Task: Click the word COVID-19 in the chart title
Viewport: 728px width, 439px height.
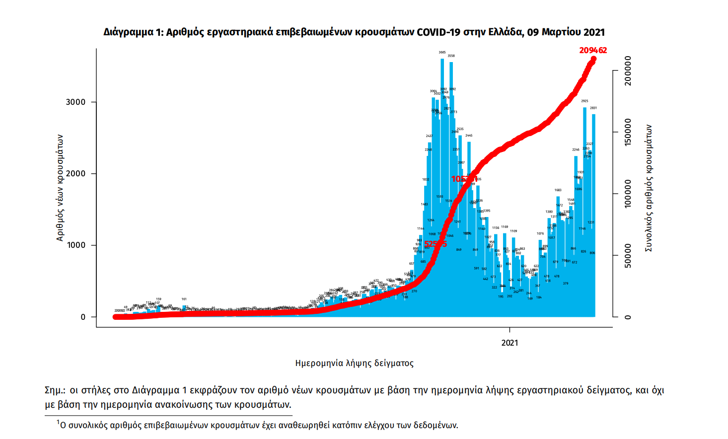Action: (x=438, y=33)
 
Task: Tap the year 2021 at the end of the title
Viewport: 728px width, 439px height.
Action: (x=594, y=33)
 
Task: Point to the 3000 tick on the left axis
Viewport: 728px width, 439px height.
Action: (x=76, y=102)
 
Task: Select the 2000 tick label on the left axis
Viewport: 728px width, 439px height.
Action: (x=76, y=174)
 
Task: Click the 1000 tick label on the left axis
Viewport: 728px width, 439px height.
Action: (x=76, y=245)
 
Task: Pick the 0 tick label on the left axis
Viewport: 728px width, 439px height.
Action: (x=83, y=317)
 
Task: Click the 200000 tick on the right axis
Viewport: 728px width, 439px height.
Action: (x=628, y=71)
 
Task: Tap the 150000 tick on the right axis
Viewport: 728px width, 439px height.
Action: (x=628, y=133)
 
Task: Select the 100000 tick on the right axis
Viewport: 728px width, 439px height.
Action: (x=628, y=194)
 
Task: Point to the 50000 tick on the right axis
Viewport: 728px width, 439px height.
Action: (x=628, y=256)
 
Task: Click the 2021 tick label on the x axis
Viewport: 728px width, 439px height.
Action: (x=510, y=343)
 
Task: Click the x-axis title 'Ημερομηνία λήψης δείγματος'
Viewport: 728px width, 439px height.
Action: (x=354, y=364)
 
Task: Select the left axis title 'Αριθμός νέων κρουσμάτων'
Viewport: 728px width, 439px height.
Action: (x=60, y=188)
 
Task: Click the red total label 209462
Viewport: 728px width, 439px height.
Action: (x=593, y=50)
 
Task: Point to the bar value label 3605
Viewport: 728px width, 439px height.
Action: (x=442, y=52)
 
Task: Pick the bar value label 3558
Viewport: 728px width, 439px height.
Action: (x=451, y=56)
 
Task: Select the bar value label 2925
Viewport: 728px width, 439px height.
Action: (x=584, y=101)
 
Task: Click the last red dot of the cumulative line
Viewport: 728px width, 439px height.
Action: (x=593, y=60)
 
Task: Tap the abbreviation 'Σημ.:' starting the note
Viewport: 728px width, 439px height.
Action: (x=55, y=390)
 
